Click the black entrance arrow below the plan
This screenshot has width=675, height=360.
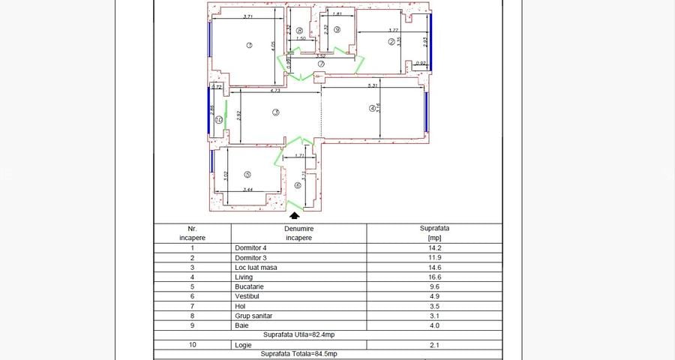(x=293, y=215)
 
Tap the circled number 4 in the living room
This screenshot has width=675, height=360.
(x=371, y=109)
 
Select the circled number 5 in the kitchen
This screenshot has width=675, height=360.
(x=247, y=174)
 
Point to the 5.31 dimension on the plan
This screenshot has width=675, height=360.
(x=372, y=86)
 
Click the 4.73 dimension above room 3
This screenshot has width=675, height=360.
(x=275, y=90)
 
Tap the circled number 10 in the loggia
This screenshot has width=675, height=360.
(x=218, y=119)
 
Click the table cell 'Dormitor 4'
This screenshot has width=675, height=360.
(x=250, y=248)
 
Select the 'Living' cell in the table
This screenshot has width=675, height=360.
(x=244, y=277)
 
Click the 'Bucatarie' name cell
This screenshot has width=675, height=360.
(x=249, y=286)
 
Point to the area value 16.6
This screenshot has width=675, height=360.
(x=431, y=277)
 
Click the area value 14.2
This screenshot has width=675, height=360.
(x=431, y=248)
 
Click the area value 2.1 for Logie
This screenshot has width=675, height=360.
(x=431, y=344)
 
